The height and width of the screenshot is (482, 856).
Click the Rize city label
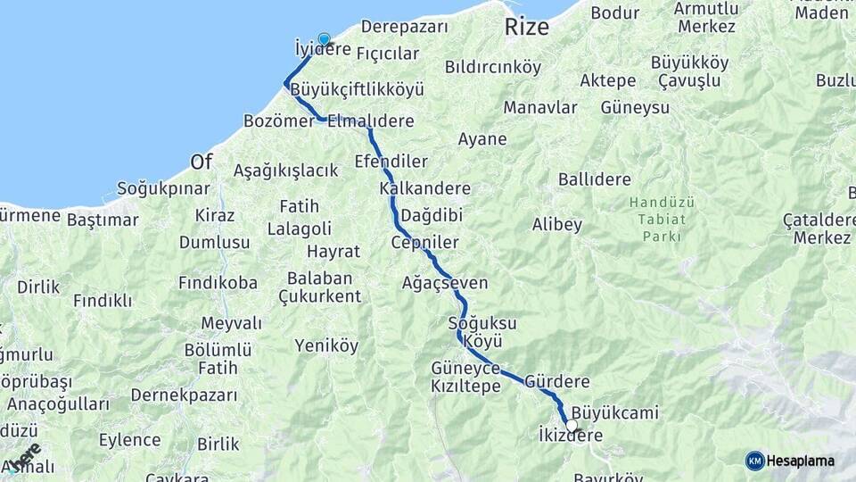point(527,27)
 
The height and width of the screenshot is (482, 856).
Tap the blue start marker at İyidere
point(324,40)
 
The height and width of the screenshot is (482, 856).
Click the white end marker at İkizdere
point(572,426)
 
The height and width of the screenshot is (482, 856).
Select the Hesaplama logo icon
point(754,461)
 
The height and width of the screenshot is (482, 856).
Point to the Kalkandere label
point(424,188)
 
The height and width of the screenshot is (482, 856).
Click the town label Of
point(202,162)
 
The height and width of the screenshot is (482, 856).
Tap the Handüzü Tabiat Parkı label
point(661,219)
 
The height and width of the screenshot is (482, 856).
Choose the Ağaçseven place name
point(445,283)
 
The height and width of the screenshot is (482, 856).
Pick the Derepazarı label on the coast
point(405,27)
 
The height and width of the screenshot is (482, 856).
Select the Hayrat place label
point(333,251)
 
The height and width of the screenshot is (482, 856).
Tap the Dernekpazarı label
point(185,395)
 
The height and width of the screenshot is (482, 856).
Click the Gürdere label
point(557,381)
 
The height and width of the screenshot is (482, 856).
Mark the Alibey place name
point(557,224)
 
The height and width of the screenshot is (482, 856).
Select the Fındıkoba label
point(218,283)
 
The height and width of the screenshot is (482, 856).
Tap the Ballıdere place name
point(595,179)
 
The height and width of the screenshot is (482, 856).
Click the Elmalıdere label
point(370,120)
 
